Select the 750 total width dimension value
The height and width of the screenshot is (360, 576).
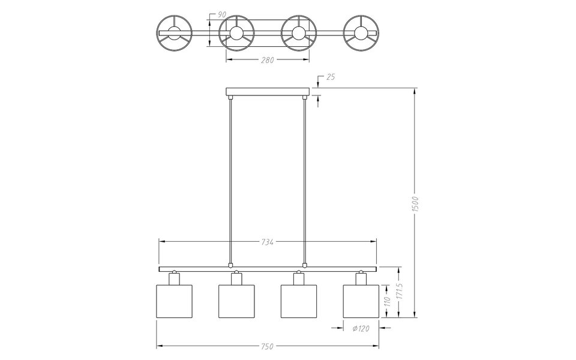pos(268,346)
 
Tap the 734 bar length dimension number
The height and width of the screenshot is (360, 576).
pos(268,242)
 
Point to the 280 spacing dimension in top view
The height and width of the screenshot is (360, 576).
pos(268,60)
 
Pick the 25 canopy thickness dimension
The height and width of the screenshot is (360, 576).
pos(331,77)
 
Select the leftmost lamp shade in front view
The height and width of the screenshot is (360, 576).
pos(174,301)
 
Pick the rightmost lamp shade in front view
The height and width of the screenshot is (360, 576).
pos(361,301)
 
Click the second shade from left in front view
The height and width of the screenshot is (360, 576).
pos(236,301)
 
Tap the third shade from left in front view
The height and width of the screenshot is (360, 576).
pos(298,301)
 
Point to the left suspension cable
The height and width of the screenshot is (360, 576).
pos(230,180)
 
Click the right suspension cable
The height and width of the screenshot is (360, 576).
pos(305,180)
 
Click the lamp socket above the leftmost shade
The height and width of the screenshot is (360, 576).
pos(174,278)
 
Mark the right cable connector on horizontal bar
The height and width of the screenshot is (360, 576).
pos(305,264)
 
